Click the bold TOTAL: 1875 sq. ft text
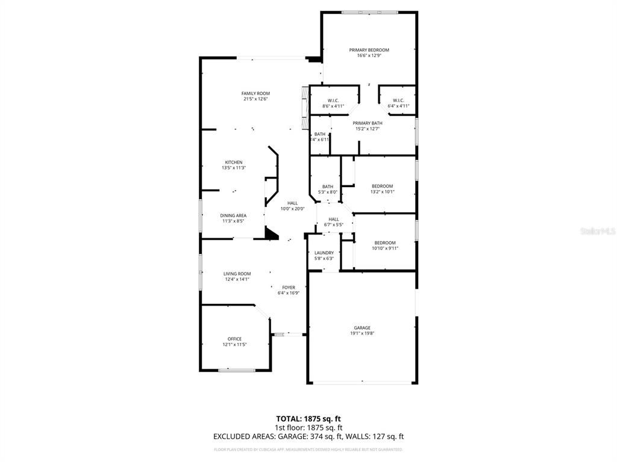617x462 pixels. click(x=308, y=418)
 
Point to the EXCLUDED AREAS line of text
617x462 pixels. click(x=308, y=437)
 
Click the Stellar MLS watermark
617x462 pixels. click(x=596, y=230)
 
